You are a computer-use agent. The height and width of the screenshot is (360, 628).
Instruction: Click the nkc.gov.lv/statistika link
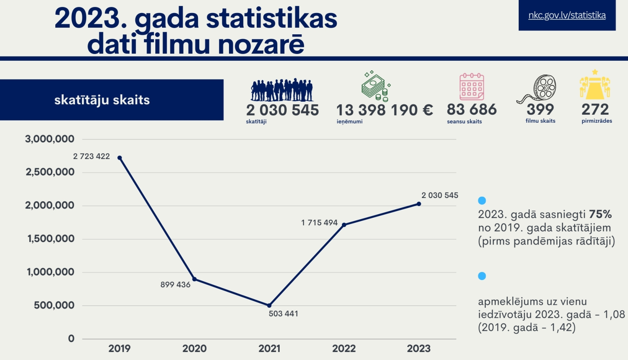567,15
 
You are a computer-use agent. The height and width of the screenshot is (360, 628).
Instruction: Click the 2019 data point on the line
120,158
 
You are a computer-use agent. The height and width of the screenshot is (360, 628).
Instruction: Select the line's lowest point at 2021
269,306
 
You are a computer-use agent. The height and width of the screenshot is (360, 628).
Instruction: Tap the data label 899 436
175,285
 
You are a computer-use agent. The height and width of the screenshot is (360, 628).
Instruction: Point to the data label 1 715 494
319,223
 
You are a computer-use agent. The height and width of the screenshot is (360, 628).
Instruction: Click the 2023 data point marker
419,204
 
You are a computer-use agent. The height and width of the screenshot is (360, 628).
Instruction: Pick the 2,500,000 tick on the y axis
50,172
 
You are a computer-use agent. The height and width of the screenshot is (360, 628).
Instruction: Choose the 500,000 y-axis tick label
54,305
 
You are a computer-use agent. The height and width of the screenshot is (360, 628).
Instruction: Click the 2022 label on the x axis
344,348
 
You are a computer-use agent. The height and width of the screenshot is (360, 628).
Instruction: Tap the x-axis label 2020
194,348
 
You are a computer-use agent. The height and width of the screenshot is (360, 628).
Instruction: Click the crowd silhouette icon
282,90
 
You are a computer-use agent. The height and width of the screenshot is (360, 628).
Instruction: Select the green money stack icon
376,87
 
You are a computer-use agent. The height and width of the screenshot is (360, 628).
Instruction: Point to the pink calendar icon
472,87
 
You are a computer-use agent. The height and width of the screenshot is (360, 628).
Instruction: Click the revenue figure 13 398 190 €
384,110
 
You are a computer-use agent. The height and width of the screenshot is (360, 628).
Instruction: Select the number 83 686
472,110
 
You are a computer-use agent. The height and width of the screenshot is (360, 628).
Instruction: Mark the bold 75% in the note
600,214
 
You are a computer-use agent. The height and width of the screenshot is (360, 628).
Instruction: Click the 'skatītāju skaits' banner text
102,100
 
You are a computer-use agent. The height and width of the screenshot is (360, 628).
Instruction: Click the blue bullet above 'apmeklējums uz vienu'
482,276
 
